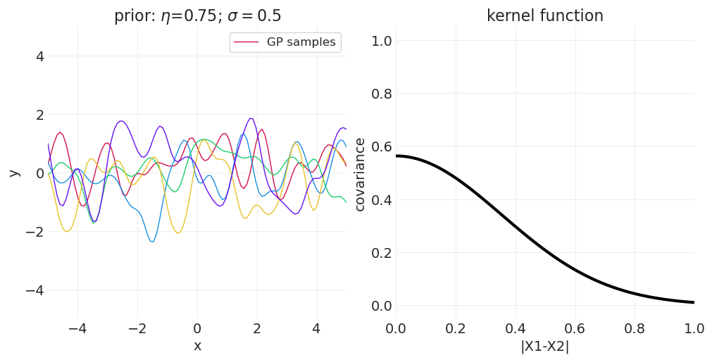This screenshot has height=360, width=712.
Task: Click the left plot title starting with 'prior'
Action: point(197,16)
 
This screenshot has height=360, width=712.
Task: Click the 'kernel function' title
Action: point(544,16)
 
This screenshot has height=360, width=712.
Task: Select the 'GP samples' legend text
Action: point(301,42)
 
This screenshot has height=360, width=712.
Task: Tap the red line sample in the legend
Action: point(247,42)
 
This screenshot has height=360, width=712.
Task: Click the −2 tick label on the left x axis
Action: point(137,328)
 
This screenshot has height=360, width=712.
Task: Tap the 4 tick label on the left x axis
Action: point(316,328)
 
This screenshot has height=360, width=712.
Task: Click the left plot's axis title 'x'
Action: point(197,346)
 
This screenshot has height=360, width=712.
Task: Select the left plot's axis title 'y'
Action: point(14,173)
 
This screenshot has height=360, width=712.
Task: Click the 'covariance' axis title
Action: point(360,174)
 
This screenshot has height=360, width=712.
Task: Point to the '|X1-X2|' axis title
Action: point(544,347)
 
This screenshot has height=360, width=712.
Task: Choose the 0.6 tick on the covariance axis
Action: point(381,147)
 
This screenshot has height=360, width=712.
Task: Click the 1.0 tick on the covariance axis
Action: point(381,41)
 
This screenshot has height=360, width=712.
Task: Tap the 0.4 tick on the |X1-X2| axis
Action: point(515,328)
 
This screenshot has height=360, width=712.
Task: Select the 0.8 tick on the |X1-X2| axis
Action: point(635,328)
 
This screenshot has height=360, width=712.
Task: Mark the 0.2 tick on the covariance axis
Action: point(381,253)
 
